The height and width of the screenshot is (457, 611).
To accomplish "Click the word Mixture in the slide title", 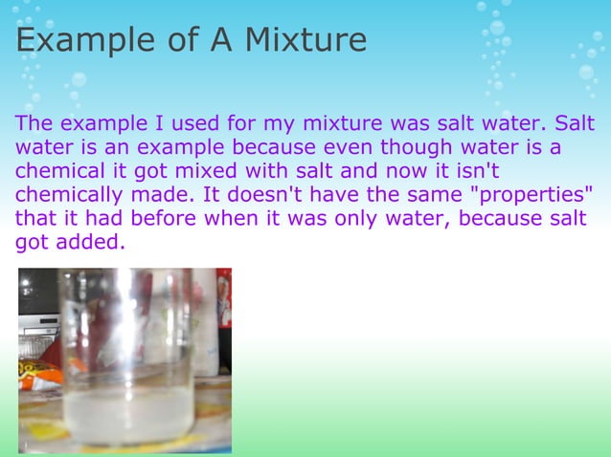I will pos(305,40).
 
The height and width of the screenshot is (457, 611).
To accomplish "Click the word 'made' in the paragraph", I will pos(154,195).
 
